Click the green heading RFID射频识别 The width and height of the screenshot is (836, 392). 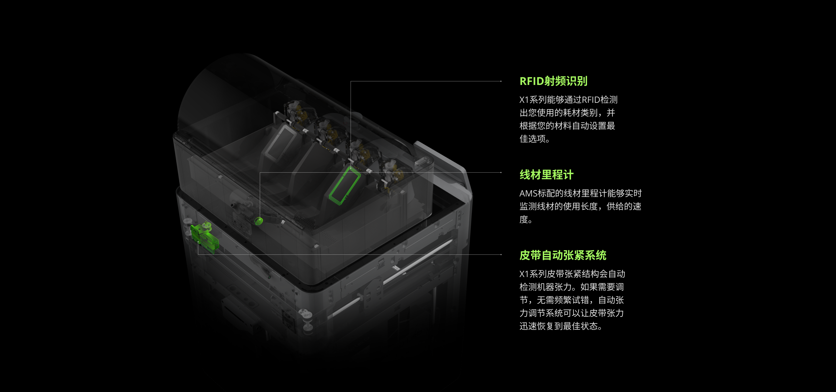tap(553, 81)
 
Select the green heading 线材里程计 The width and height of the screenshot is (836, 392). tap(546, 175)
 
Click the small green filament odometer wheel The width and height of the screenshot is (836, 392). tap(259, 221)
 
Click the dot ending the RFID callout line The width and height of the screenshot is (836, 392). tap(501, 81)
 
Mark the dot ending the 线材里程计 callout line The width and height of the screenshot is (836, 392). tap(501, 172)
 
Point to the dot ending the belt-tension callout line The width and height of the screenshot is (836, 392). tap(501, 254)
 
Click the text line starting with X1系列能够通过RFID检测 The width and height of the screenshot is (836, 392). tap(568, 100)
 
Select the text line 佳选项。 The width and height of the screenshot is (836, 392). tap(534, 139)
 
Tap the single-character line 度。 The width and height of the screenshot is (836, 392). tap(526, 220)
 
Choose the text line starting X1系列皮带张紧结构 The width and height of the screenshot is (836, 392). tap(572, 274)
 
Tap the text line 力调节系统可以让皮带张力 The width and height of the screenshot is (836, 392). tap(571, 313)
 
